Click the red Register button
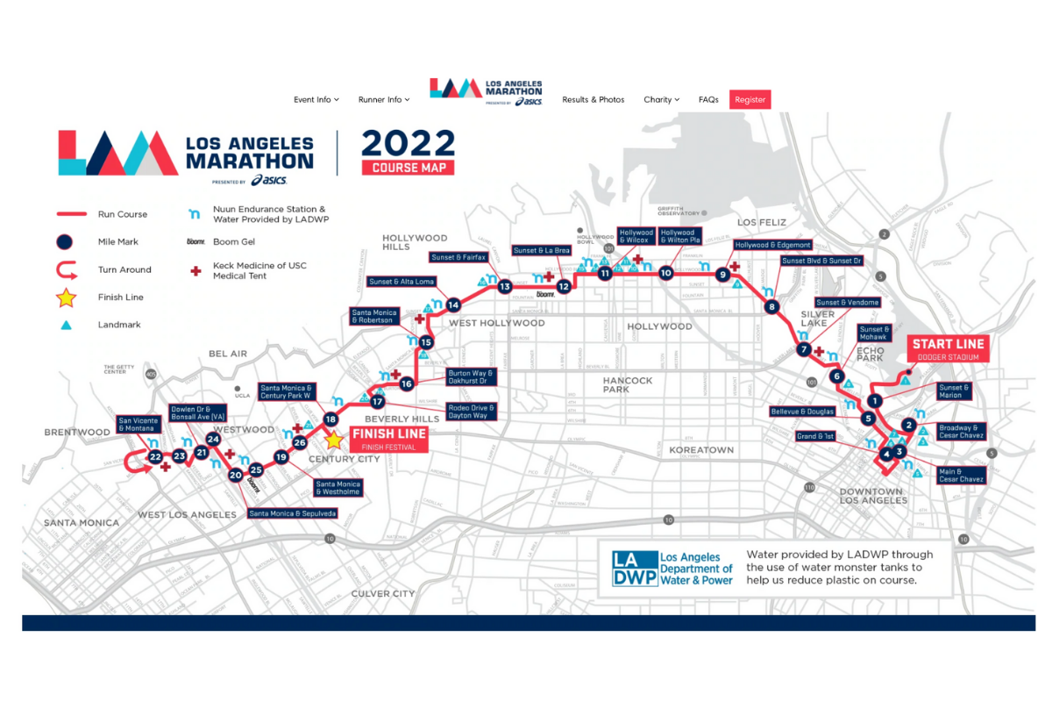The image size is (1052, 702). coord(750,100)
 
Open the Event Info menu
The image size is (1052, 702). coord(316,100)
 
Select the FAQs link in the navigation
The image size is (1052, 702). coord(708,100)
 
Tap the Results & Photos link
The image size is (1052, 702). coord(594,100)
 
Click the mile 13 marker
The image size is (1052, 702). coord(505,286)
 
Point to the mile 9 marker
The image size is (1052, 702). coord(723,275)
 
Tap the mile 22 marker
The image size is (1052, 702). coord(155,456)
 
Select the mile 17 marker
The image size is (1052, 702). coord(377,402)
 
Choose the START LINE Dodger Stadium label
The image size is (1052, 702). coord(947,348)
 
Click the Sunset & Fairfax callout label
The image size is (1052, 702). coord(458,257)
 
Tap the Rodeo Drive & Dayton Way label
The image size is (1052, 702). coord(472,411)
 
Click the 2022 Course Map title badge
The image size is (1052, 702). coord(409,152)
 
